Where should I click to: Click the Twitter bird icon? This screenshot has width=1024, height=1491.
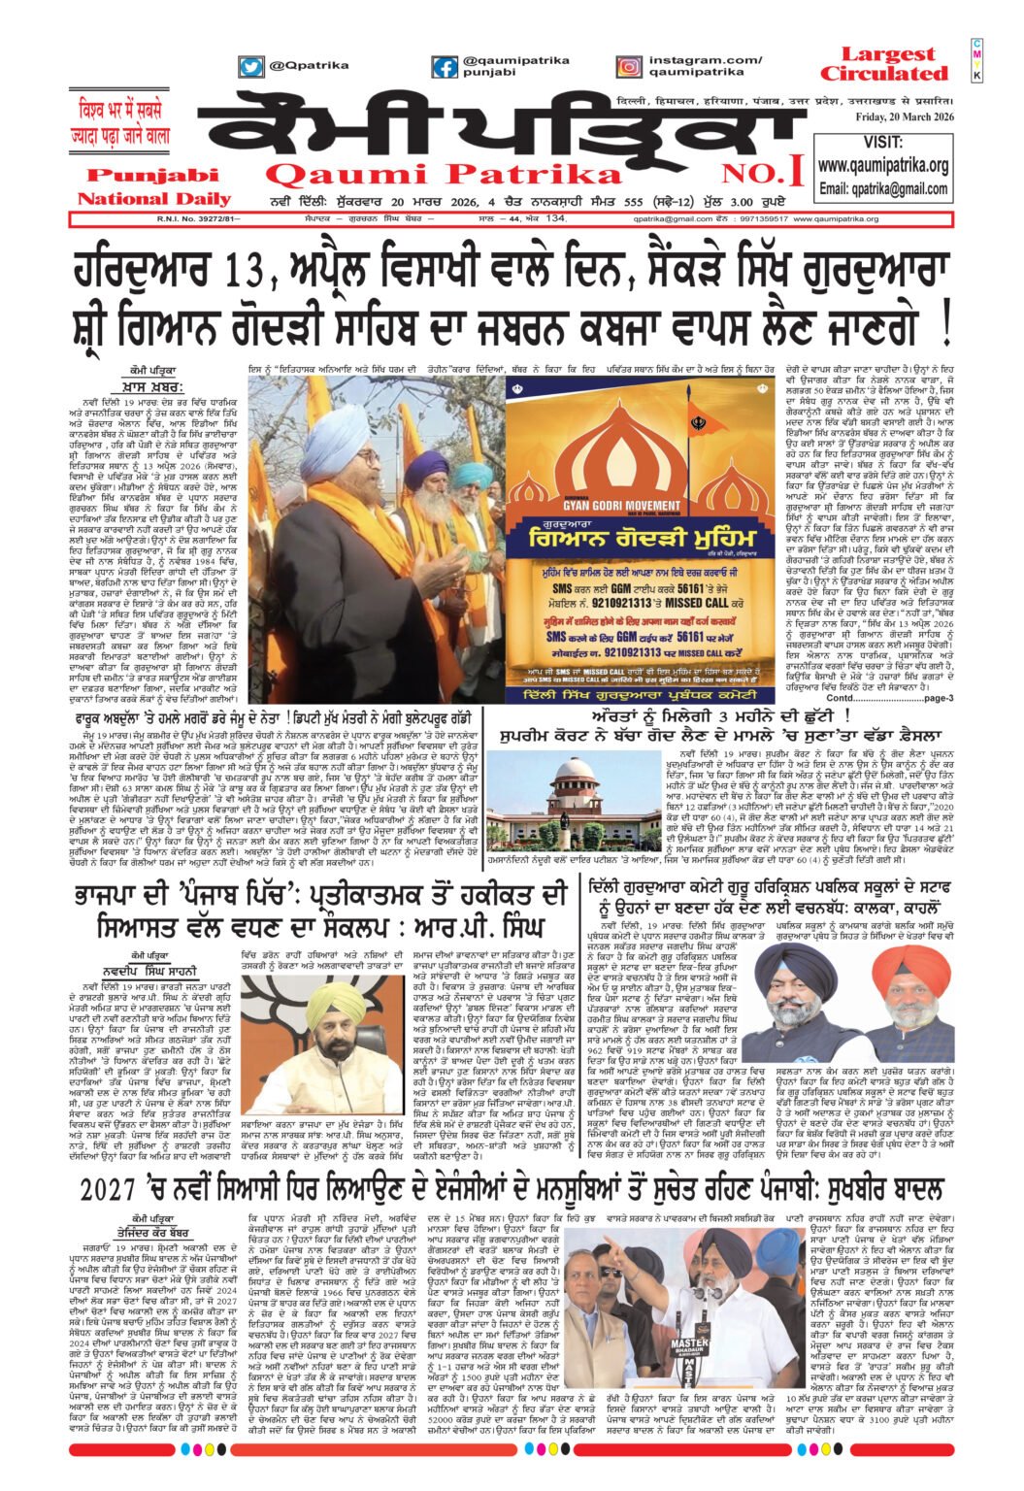coord(251,67)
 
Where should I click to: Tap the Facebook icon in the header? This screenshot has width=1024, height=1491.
coord(445,67)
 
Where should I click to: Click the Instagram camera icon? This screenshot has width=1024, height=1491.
coord(628,67)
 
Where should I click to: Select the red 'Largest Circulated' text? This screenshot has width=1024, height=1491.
coord(882,65)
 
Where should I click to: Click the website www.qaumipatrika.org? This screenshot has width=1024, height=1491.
coord(882,166)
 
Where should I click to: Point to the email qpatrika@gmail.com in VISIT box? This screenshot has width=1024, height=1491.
coord(882,188)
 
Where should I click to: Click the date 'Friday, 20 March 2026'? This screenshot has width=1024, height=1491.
coord(904,117)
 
